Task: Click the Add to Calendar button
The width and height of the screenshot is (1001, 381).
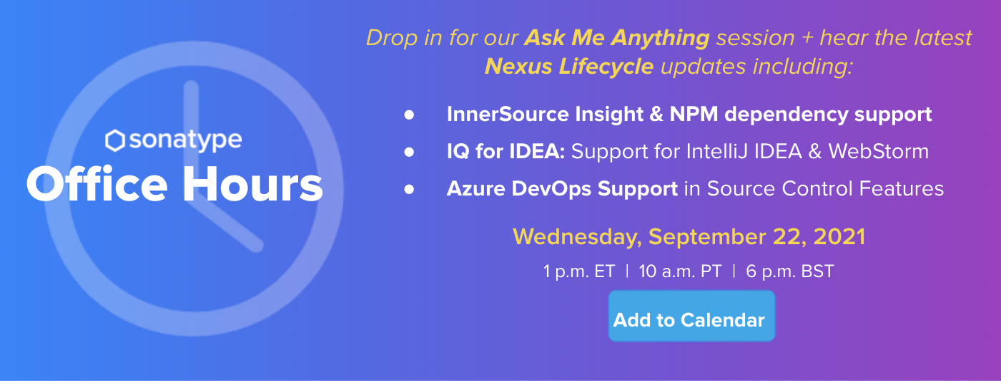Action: click(x=691, y=316)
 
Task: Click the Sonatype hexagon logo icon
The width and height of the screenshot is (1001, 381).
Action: click(x=115, y=140)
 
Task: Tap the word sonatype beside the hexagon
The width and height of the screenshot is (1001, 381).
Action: click(x=185, y=140)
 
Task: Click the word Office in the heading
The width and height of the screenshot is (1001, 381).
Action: click(x=97, y=183)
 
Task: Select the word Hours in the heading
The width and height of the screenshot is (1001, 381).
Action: click(x=252, y=183)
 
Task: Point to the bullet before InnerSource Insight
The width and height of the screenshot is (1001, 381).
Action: click(x=409, y=115)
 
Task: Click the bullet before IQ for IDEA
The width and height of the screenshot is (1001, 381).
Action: click(x=409, y=153)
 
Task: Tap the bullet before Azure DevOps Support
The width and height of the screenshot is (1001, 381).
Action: click(x=409, y=189)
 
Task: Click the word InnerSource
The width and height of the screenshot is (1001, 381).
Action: click(x=508, y=114)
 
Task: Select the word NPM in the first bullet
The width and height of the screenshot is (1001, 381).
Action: click(x=694, y=114)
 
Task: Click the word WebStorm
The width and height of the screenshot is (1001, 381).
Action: click(x=879, y=151)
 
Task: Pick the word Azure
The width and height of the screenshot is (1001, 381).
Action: click(x=476, y=188)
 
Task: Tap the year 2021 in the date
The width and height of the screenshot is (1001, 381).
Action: click(x=839, y=236)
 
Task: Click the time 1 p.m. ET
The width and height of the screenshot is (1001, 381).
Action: click(x=579, y=271)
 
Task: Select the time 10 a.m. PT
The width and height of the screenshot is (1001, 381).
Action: click(x=681, y=271)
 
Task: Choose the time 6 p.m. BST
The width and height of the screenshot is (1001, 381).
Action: click(x=790, y=271)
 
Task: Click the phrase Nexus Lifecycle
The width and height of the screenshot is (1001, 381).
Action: click(x=569, y=67)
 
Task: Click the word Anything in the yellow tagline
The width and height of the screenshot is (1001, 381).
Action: click(x=661, y=38)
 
